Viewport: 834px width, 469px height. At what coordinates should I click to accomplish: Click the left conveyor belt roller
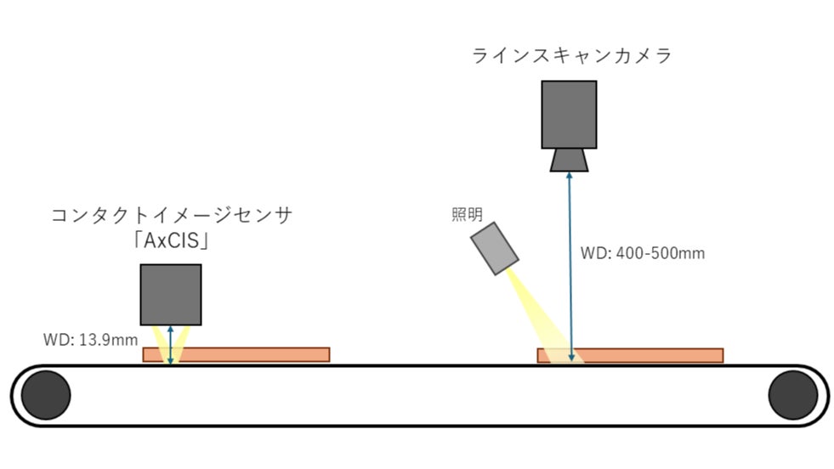(x=46, y=395)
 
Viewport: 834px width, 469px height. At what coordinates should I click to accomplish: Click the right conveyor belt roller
(x=792, y=395)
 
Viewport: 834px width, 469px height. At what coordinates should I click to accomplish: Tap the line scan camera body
(x=569, y=115)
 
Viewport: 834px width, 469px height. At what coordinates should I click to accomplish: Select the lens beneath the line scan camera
(x=569, y=160)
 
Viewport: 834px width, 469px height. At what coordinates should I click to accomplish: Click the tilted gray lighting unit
(x=496, y=248)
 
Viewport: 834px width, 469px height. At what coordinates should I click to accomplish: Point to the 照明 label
(x=467, y=214)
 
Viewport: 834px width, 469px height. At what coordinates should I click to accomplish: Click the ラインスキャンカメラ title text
(x=571, y=56)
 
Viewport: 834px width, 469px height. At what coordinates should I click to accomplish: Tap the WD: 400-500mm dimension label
(x=642, y=253)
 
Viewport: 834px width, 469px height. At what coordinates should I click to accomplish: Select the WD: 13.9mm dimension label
(x=90, y=340)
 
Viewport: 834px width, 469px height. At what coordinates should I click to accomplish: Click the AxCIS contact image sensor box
(x=171, y=294)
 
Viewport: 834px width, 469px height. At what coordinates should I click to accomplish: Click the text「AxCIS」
(x=171, y=241)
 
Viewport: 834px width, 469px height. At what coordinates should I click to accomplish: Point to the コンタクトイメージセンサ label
(x=172, y=215)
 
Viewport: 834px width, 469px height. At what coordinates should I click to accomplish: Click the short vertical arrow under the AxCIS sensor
(x=171, y=344)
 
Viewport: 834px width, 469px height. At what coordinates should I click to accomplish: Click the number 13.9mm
(x=108, y=340)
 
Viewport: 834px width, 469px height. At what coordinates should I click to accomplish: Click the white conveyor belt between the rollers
(x=417, y=395)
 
